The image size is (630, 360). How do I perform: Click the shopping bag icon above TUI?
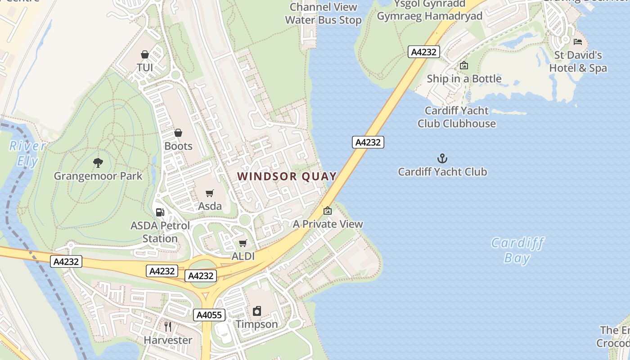[145, 54]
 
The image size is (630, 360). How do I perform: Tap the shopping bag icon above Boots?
[178, 133]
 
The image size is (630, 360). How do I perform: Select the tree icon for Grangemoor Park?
[98, 162]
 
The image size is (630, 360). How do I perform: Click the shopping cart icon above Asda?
[210, 193]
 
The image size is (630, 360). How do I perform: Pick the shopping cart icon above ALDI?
[243, 243]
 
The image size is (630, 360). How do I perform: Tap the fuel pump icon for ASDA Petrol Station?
[160, 212]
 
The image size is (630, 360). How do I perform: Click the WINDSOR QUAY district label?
[287, 176]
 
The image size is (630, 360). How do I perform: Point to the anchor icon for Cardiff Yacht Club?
[442, 158]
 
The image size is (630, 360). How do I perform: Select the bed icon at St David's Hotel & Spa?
[578, 42]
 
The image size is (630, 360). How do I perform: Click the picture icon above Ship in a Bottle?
[464, 66]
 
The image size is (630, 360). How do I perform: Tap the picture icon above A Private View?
[328, 211]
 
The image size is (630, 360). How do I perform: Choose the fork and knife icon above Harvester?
[168, 327]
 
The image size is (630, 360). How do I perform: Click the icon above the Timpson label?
[257, 311]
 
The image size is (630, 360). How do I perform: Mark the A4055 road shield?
[210, 315]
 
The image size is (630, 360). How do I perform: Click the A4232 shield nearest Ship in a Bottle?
[424, 52]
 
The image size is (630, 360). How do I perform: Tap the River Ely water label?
[28, 153]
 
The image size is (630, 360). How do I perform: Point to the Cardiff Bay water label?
[517, 251]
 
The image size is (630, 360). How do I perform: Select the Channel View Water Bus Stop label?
[323, 13]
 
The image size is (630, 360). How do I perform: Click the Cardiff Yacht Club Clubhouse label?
[457, 117]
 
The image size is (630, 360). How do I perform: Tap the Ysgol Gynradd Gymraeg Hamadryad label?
[429, 10]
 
